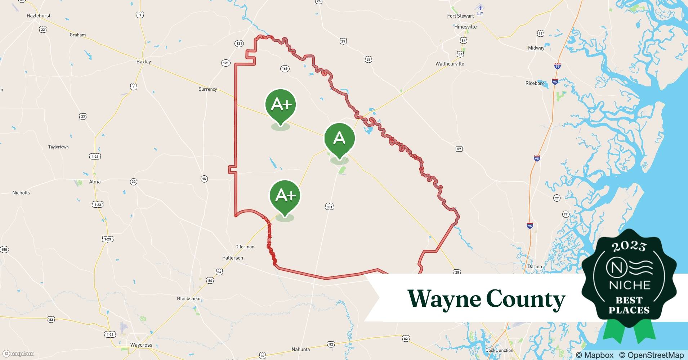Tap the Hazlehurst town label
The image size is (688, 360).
39,16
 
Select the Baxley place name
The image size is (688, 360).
144,62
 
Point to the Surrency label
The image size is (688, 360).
208,89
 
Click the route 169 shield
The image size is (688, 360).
285,68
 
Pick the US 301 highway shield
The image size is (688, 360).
329,207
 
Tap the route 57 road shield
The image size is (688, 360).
459,149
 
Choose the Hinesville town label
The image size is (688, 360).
465,27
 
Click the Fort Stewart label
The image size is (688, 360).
460,16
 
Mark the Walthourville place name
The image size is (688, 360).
450,64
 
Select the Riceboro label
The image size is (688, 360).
535,83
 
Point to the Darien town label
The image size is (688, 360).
535,266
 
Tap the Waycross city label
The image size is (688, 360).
141,345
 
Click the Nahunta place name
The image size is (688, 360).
300,349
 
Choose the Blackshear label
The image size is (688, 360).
189,298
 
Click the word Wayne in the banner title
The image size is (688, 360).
443,299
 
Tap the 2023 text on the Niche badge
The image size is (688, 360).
629,246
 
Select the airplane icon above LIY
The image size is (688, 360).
480,8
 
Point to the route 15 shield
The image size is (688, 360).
204,179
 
